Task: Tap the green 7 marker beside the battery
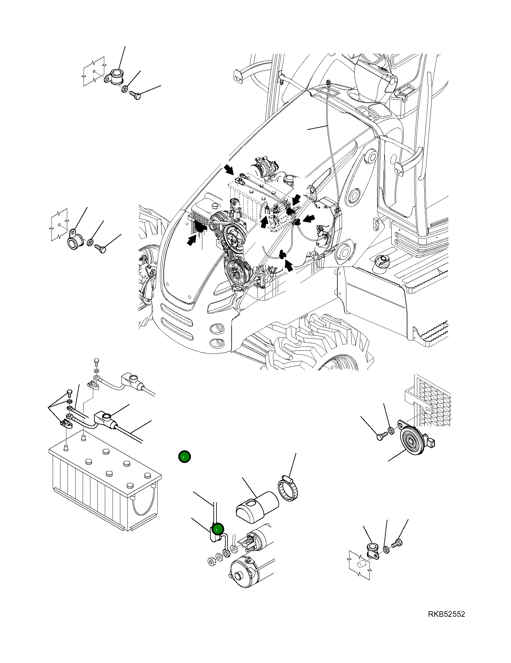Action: tap(184, 457)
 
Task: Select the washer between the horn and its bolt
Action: tap(390, 431)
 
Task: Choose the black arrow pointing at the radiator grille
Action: tap(192, 240)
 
